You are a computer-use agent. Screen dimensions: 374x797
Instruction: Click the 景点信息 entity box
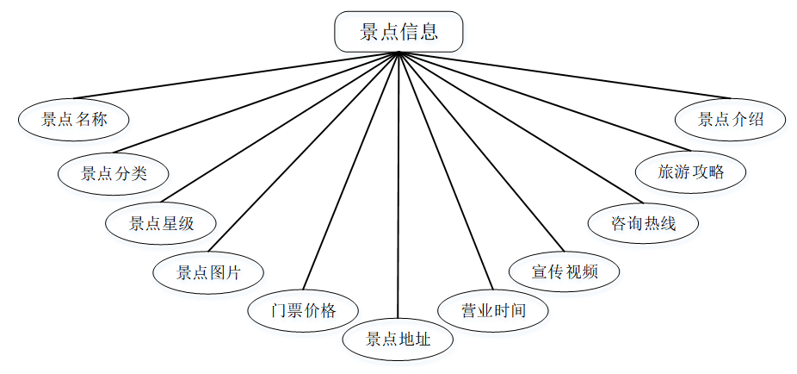tap(398, 33)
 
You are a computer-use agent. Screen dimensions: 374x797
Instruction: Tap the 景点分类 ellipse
tap(114, 172)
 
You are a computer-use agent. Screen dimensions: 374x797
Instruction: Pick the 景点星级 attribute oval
tap(161, 223)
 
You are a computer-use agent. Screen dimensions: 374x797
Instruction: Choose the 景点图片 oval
tap(208, 273)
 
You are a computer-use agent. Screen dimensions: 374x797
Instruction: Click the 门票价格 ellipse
tap(303, 310)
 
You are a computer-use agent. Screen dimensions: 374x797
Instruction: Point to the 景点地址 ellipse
tap(398, 339)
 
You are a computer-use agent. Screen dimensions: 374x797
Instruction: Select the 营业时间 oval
tap(493, 310)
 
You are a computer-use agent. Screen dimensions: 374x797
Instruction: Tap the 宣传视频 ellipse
tap(565, 272)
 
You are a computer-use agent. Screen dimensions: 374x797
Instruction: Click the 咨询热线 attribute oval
tap(643, 223)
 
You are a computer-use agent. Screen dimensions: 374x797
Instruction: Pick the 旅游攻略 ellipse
tap(691, 171)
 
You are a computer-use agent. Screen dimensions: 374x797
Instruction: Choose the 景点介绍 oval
tap(731, 120)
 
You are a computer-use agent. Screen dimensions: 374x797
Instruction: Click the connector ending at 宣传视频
tap(479, 152)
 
